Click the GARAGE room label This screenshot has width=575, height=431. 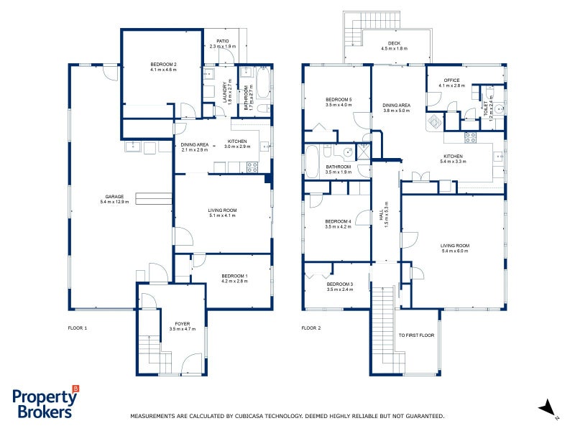coord(115,197)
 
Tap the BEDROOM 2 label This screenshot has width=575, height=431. coord(164,65)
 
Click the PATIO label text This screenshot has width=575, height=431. coord(223,42)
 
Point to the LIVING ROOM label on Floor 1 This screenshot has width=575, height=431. coord(222,210)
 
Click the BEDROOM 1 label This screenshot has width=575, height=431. coord(234,277)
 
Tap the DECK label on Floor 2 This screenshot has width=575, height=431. coord(393,43)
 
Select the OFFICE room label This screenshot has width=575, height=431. coord(451,80)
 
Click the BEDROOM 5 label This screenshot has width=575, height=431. coord(339,99)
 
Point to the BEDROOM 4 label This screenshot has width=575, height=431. coord(338,221)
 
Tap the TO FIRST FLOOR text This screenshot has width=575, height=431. coord(416,335)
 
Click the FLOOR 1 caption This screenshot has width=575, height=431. coord(77,328)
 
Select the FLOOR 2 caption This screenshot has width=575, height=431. coord(310,328)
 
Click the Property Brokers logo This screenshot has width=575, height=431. coord(45,403)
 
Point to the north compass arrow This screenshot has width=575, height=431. coord(547,407)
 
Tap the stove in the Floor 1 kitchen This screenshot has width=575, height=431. coord(252,167)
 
